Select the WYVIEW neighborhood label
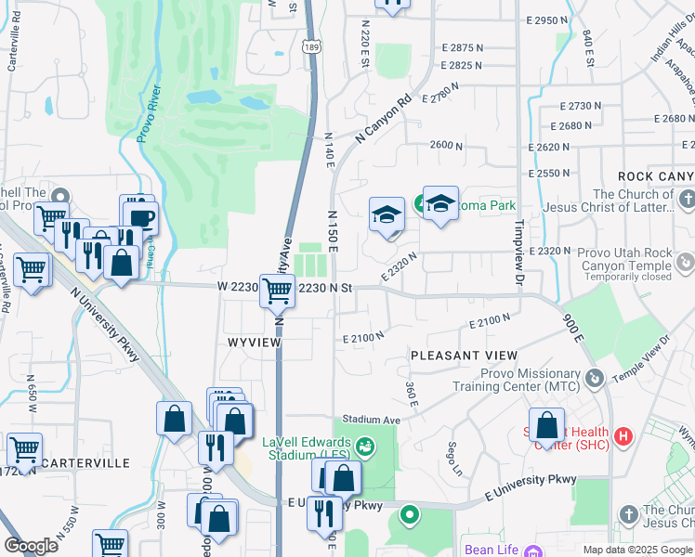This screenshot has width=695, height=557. (254, 342)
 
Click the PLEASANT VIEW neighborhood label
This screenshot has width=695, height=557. (464, 356)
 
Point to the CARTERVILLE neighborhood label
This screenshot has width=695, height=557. (85, 462)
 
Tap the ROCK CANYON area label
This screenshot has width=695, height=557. (656, 176)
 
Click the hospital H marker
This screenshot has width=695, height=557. (623, 434)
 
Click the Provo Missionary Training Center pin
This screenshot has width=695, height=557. (596, 378)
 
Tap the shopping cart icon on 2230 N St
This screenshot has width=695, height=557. (277, 291)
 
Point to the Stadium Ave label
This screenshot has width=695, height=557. (371, 420)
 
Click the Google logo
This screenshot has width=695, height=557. (32, 546)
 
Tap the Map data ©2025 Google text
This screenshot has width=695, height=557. (636, 550)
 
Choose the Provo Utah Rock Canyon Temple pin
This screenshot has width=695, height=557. (685, 263)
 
